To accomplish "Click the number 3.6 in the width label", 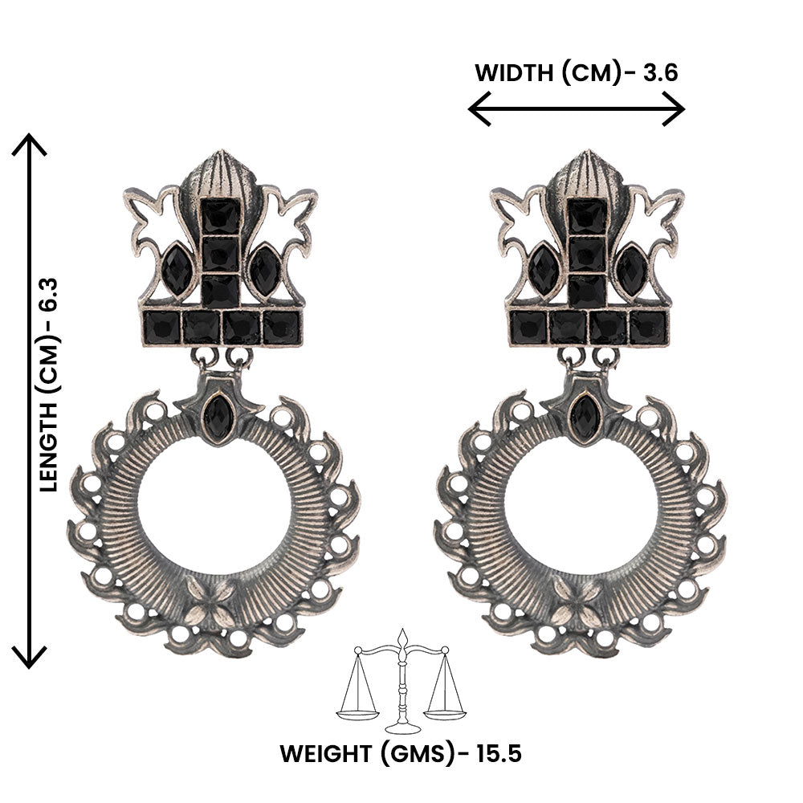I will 660,73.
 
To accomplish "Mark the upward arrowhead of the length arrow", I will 31,145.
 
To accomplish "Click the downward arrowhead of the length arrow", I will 31,658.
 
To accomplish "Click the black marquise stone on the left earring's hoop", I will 215,417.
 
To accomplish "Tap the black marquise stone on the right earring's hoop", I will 583,417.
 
